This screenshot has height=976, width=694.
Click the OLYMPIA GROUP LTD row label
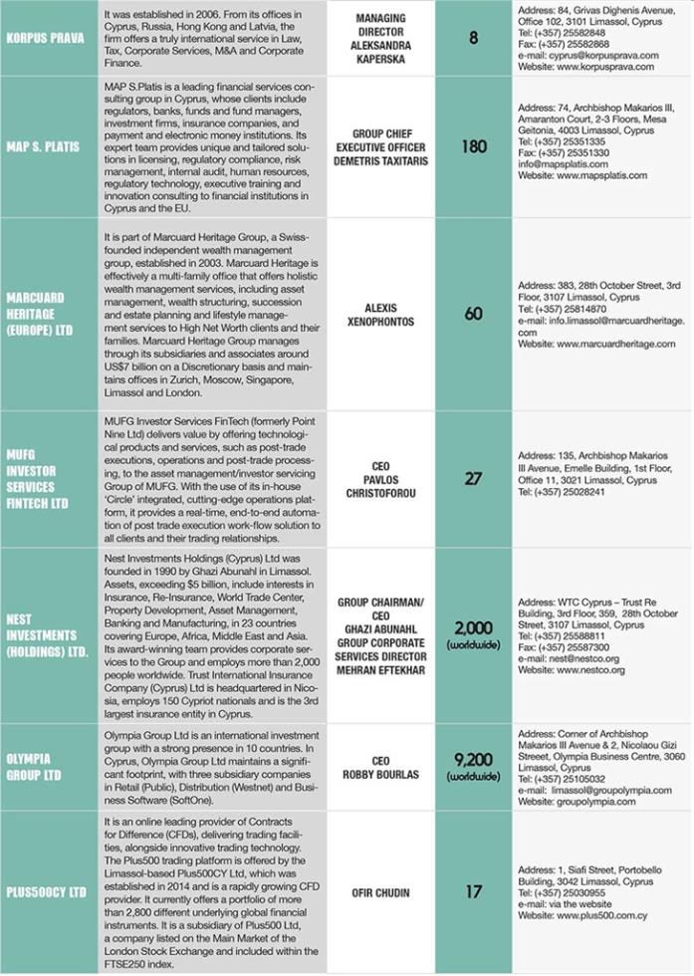point(37,767)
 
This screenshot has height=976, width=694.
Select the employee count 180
point(474,145)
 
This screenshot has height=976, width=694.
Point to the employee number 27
point(474,478)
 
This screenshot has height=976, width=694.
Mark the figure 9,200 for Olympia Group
point(474,762)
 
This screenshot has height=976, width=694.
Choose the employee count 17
point(474,892)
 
